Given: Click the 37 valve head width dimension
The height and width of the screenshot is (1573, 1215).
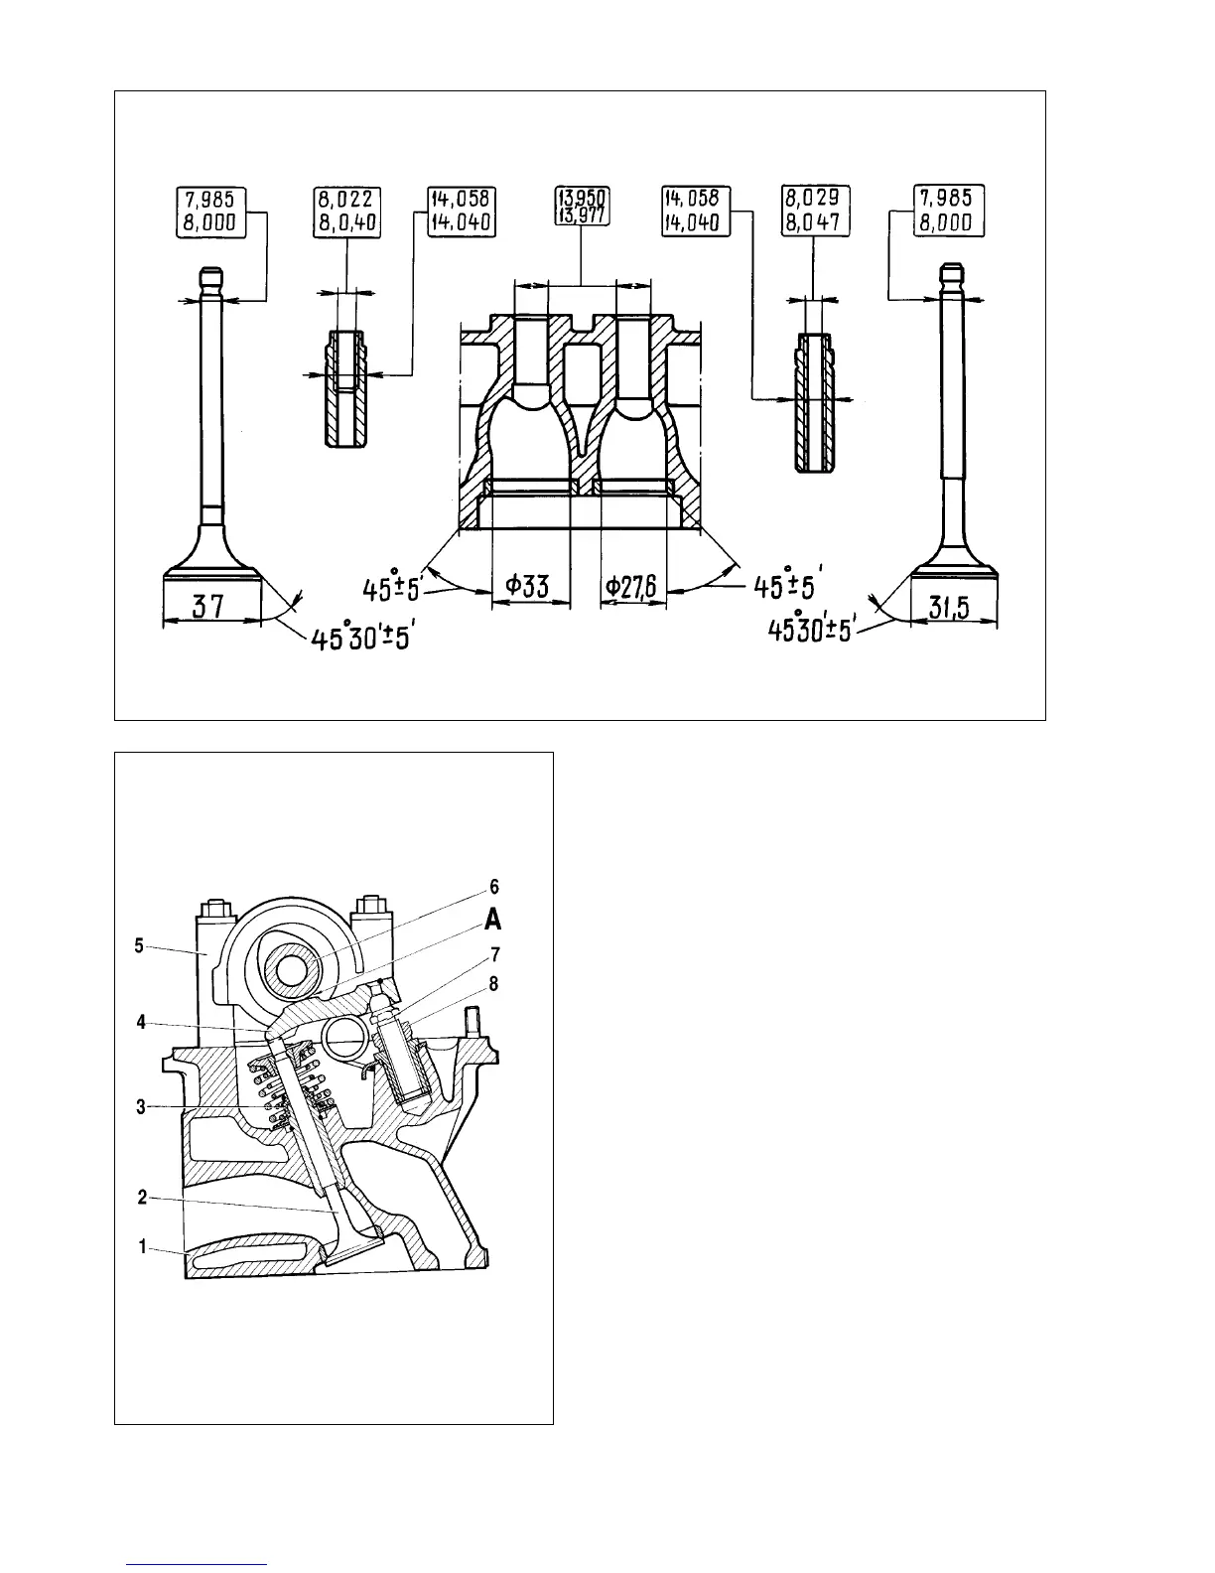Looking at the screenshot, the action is coord(208,606).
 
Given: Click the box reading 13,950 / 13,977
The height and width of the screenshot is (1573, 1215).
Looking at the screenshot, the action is coord(581,206).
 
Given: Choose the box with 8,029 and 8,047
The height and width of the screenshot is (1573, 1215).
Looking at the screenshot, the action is coord(812,212).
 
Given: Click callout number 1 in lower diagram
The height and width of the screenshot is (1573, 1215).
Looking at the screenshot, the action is coord(142,1246).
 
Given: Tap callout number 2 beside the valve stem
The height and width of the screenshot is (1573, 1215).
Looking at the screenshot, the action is coord(142,1198).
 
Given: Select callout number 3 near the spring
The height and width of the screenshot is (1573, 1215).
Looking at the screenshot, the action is coord(142,1106).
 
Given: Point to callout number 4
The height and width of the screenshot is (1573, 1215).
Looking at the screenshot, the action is coord(142,1021).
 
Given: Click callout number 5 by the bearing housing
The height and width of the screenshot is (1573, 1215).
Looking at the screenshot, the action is coord(140,946).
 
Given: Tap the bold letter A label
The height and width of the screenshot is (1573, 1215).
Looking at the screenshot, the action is coord(493,922).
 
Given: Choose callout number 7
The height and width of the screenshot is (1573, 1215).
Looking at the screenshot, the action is coord(494,954).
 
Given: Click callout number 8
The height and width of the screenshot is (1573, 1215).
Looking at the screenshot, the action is coord(494,984).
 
